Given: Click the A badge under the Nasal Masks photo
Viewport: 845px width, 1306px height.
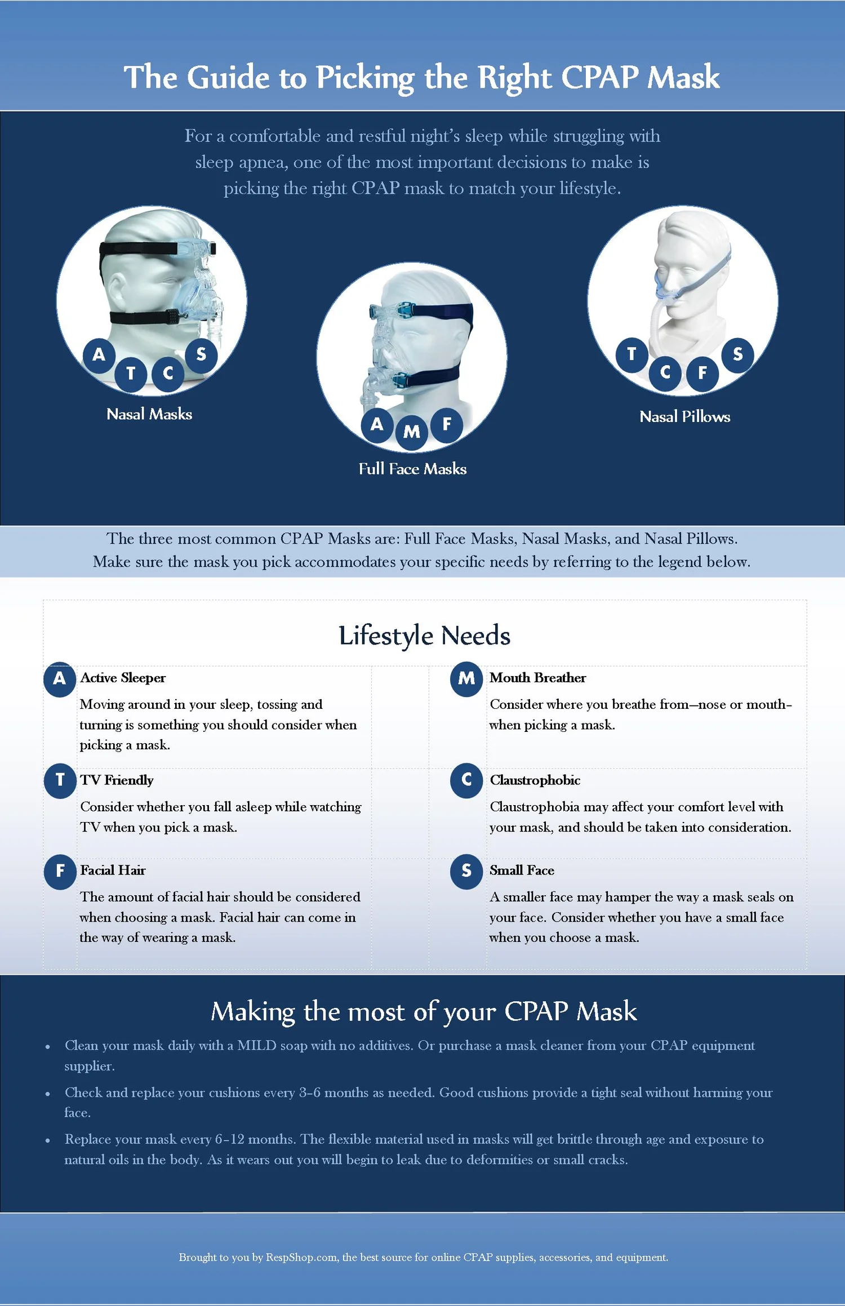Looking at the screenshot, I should click(x=99, y=355).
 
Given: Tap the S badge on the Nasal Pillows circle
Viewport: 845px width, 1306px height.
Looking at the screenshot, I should click(x=737, y=355).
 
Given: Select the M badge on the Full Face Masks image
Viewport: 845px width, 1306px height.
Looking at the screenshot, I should click(x=412, y=432).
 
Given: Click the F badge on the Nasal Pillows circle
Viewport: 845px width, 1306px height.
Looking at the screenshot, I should click(x=702, y=372).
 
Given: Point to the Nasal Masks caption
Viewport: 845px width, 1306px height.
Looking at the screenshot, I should click(x=149, y=415).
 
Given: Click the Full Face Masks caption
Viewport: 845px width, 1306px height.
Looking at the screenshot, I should click(x=412, y=469).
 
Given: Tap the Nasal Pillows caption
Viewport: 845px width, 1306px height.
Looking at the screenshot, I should click(x=684, y=417).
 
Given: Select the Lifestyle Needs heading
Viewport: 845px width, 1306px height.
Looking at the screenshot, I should click(x=424, y=636).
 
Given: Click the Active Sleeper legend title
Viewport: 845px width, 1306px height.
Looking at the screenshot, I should click(x=123, y=678).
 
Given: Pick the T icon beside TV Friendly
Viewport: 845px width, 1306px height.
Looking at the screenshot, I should click(x=60, y=780).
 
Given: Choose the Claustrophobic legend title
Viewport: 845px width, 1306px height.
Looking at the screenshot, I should click(x=535, y=780).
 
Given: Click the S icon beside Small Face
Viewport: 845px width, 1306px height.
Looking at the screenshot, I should click(x=466, y=871).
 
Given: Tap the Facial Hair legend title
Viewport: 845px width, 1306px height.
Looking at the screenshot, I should click(x=113, y=870).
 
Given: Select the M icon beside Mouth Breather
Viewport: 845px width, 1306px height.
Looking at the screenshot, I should click(x=466, y=678).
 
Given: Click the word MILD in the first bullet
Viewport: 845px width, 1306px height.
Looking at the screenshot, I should click(x=256, y=1046).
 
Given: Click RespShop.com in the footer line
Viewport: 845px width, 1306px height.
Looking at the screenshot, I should click(x=301, y=1257).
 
